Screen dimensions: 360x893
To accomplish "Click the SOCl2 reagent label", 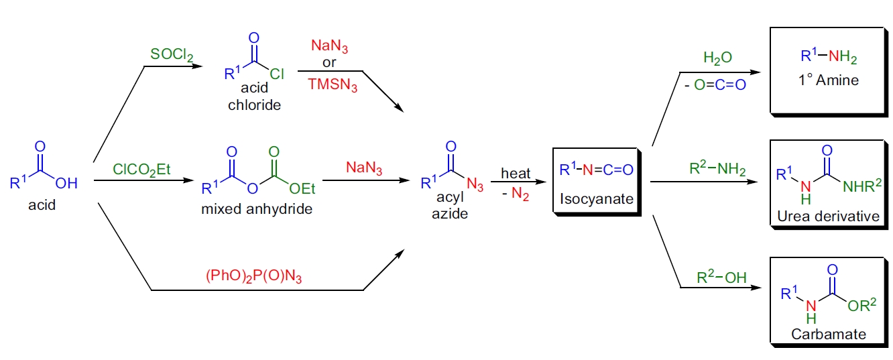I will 172,55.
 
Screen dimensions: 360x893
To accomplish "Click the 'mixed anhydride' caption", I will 257,208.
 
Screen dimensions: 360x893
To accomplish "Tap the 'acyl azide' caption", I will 450,207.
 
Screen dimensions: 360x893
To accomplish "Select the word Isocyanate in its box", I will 595,199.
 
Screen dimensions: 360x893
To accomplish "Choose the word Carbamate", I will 828,334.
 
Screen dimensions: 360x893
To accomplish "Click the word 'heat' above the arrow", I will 516,174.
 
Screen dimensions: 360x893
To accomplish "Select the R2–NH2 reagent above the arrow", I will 717,170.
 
